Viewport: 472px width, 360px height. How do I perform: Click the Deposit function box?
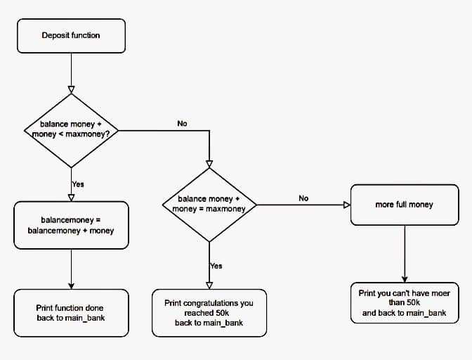[x=71, y=35]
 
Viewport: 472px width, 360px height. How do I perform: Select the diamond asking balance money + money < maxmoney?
[x=71, y=129]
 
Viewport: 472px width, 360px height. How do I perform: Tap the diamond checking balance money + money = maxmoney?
[x=209, y=204]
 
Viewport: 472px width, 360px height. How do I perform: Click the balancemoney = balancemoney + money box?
[x=71, y=225]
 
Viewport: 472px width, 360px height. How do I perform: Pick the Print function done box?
[x=71, y=313]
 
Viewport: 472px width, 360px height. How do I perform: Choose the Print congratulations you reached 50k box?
[x=209, y=313]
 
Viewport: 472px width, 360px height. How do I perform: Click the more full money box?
[x=404, y=205]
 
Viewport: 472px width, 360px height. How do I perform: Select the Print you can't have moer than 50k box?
[x=404, y=302]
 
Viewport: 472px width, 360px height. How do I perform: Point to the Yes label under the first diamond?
[x=78, y=184]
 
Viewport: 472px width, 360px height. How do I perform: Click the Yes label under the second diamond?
[x=216, y=266]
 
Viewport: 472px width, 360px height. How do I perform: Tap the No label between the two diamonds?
[x=182, y=123]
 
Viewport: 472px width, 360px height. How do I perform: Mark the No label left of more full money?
[x=303, y=198]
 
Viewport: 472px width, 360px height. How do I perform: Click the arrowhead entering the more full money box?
[x=346, y=205]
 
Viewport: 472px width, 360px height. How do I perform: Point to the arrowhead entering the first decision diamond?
[x=71, y=90]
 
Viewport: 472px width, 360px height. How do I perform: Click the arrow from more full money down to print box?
[x=404, y=253]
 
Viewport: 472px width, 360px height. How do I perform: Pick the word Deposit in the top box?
[x=55, y=35]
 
